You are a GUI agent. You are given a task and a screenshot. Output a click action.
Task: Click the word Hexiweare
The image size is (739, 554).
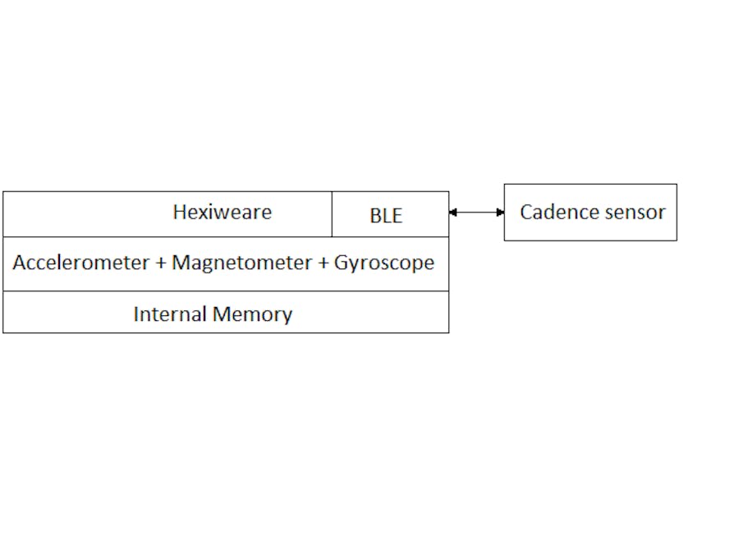tap(222, 212)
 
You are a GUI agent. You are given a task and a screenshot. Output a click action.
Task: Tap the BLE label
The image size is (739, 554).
tap(386, 216)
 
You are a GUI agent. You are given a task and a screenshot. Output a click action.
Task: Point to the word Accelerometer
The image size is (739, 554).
tap(81, 263)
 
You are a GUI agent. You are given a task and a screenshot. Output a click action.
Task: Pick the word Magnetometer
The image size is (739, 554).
tap(241, 263)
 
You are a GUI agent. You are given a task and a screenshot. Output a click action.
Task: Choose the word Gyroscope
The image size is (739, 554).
tap(383, 263)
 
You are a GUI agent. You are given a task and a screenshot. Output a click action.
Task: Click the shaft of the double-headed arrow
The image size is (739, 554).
tap(476, 213)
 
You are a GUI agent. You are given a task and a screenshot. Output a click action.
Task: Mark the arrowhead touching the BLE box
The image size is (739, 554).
tap(452, 213)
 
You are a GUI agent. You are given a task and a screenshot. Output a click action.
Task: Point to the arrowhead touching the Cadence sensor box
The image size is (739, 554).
tap(500, 213)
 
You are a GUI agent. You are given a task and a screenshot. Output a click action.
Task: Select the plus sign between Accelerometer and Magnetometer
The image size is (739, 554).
tap(161, 263)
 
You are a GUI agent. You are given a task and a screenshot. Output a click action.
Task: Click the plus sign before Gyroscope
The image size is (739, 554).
tap(323, 263)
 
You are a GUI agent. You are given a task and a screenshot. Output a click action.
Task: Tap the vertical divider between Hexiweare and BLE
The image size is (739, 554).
tap(332, 214)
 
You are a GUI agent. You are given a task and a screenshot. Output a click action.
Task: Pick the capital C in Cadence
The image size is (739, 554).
tap(526, 212)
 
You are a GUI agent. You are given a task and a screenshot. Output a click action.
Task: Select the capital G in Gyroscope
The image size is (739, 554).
tap(341, 263)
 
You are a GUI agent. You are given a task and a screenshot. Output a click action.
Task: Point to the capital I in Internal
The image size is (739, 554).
tap(136, 314)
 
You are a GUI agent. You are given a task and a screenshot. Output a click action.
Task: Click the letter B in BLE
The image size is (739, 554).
tap(374, 216)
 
